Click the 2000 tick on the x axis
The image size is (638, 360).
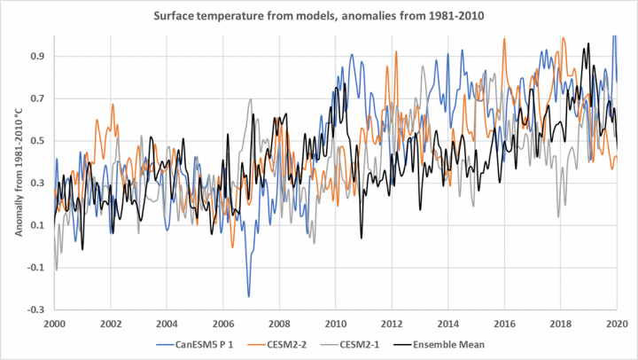click(54, 325)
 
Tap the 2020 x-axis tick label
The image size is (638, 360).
click(617, 325)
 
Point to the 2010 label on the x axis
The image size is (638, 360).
click(335, 325)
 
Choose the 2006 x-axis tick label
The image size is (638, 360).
click(222, 325)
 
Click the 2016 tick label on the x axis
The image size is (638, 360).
click(504, 325)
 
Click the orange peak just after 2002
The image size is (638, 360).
click(113, 105)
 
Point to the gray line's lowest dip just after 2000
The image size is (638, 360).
click(57, 270)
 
